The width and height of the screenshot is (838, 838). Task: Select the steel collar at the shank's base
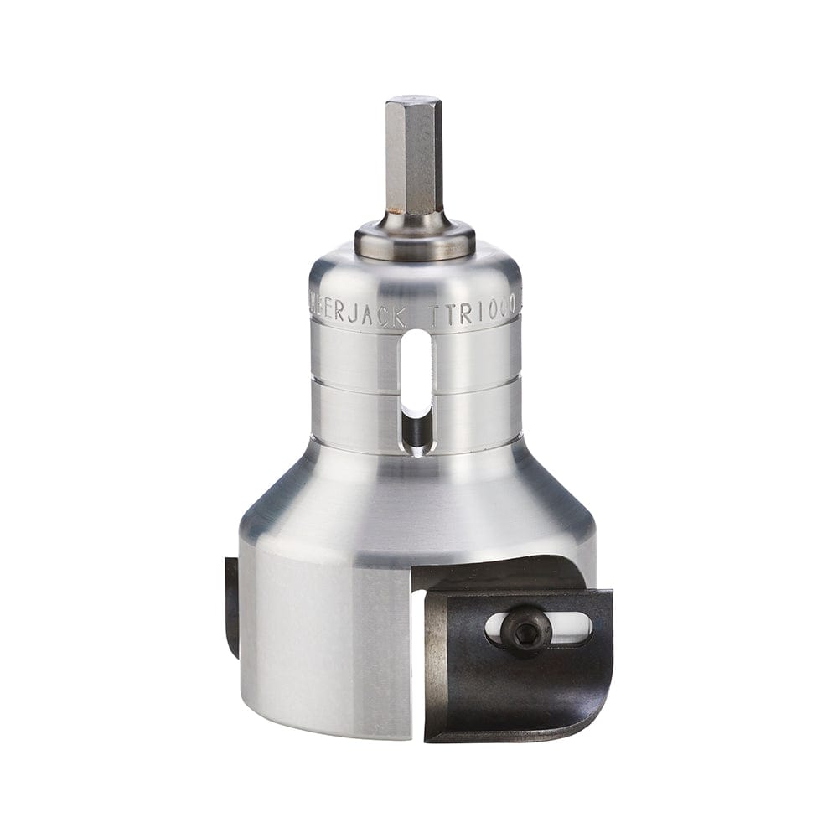coord(415,235)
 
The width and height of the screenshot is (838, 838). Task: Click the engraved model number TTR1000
coord(473,315)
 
